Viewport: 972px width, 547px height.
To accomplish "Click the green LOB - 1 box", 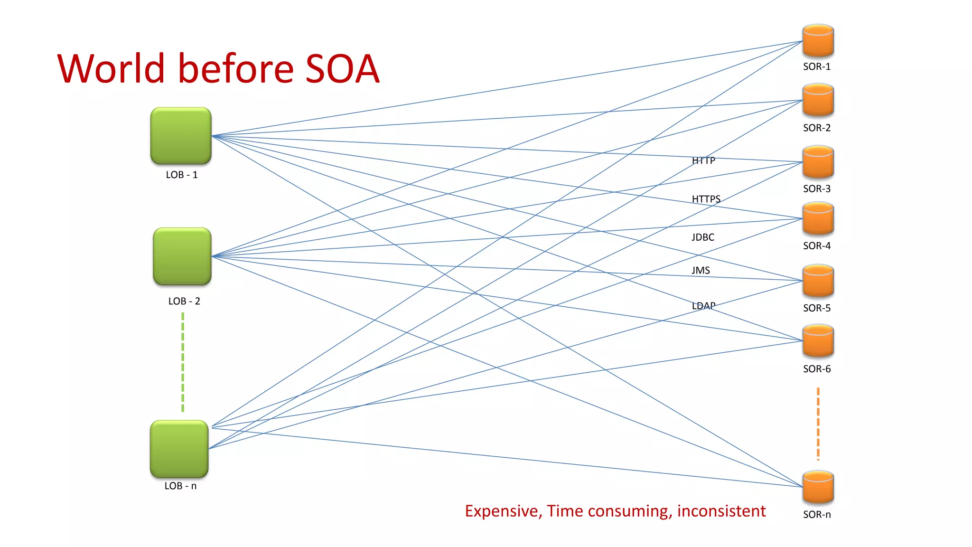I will pos(180,136).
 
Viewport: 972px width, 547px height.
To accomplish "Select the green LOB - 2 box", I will pos(182,256).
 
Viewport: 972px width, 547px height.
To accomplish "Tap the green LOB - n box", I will pos(179,449).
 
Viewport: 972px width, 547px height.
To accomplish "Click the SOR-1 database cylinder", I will pos(818,41).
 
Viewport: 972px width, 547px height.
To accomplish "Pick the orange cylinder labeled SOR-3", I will pos(818,162).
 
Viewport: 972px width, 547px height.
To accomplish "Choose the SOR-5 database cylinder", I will pos(818,281).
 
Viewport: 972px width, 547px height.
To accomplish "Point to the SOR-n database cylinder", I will pos(818,487).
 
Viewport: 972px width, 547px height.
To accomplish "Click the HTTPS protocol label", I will pos(706,199).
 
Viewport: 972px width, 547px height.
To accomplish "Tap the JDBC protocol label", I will pos(702,237).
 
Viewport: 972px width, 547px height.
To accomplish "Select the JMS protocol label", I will pos(701,271).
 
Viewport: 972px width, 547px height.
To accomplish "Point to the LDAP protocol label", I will pos(703,306).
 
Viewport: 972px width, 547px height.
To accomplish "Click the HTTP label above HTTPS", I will pos(703,161).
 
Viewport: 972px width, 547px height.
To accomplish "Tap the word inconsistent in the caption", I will pos(721,511).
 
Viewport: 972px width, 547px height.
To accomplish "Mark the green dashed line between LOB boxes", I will pos(183,362).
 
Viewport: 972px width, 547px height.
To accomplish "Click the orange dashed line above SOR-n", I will pos(818,424).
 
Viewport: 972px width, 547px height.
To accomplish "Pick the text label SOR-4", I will pos(816,246).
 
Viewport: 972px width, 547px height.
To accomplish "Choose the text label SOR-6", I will pos(816,369).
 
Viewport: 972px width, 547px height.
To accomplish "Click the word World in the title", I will pos(111,69).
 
